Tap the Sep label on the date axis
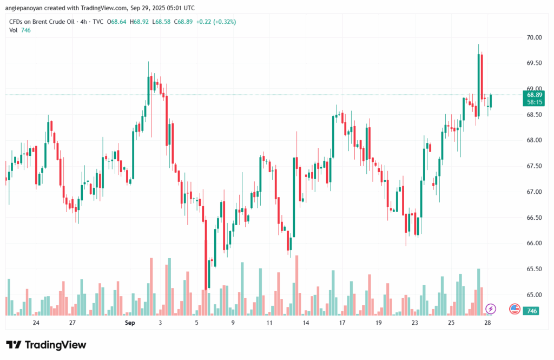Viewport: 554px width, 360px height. tap(129, 323)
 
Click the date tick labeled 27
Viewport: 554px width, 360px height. tap(72, 323)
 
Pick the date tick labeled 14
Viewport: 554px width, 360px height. tap(306, 323)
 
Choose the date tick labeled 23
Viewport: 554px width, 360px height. tap(415, 323)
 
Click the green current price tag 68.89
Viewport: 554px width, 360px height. tap(535, 94)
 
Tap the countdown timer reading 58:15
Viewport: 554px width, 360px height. tap(535, 102)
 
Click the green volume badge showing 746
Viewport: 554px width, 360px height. tap(532, 311)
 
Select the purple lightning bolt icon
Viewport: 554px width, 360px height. tap(491, 309)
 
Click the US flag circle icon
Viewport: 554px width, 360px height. tap(515, 309)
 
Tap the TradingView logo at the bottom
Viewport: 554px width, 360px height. tap(46, 345)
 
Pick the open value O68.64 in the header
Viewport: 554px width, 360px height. tap(118, 22)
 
